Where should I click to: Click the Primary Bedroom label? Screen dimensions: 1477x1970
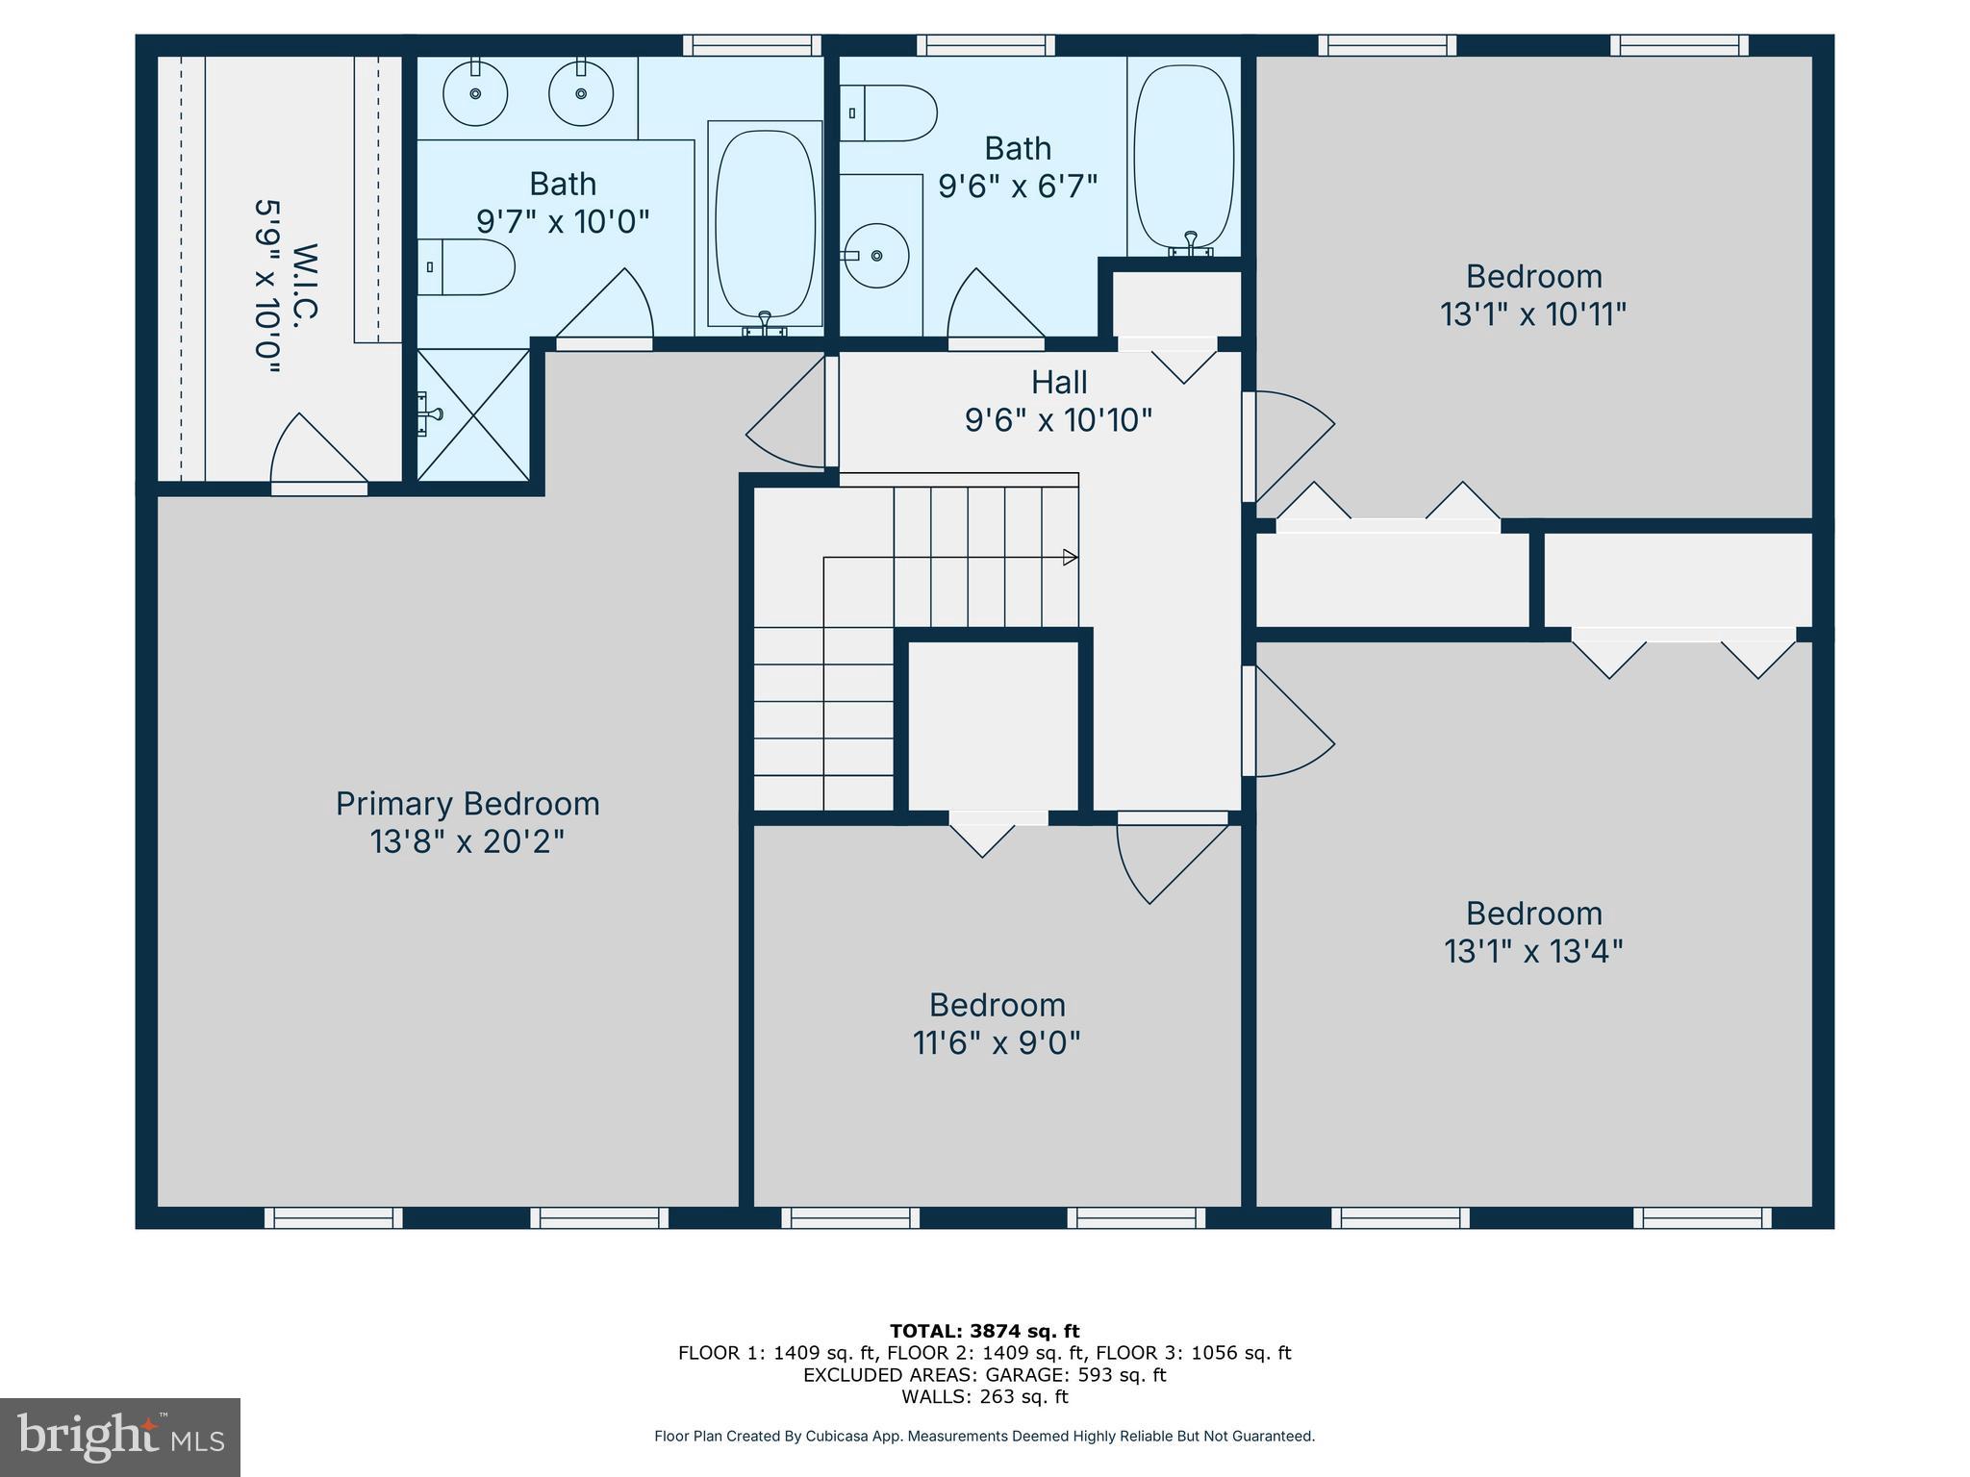point(467,804)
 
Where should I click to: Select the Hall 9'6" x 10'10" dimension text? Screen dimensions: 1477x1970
point(1058,420)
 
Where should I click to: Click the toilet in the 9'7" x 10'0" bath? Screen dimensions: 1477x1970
point(466,266)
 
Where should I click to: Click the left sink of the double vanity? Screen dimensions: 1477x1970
point(475,93)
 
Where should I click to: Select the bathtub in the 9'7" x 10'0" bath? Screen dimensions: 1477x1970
point(766,225)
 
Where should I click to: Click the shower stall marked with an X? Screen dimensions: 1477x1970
point(473,414)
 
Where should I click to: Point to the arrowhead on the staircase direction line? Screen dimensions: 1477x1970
point(1070,557)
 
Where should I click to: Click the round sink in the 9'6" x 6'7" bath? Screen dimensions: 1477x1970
point(876,256)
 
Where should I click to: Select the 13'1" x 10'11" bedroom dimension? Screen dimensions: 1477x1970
point(1533,314)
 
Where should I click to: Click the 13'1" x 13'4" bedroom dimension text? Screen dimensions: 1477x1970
point(1533,952)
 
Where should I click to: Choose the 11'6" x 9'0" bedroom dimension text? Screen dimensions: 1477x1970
point(997,1043)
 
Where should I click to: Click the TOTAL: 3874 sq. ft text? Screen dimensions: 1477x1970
point(984,1331)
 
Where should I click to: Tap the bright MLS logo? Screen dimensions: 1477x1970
point(120,1438)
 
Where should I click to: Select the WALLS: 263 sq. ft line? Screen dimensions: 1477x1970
point(984,1397)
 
